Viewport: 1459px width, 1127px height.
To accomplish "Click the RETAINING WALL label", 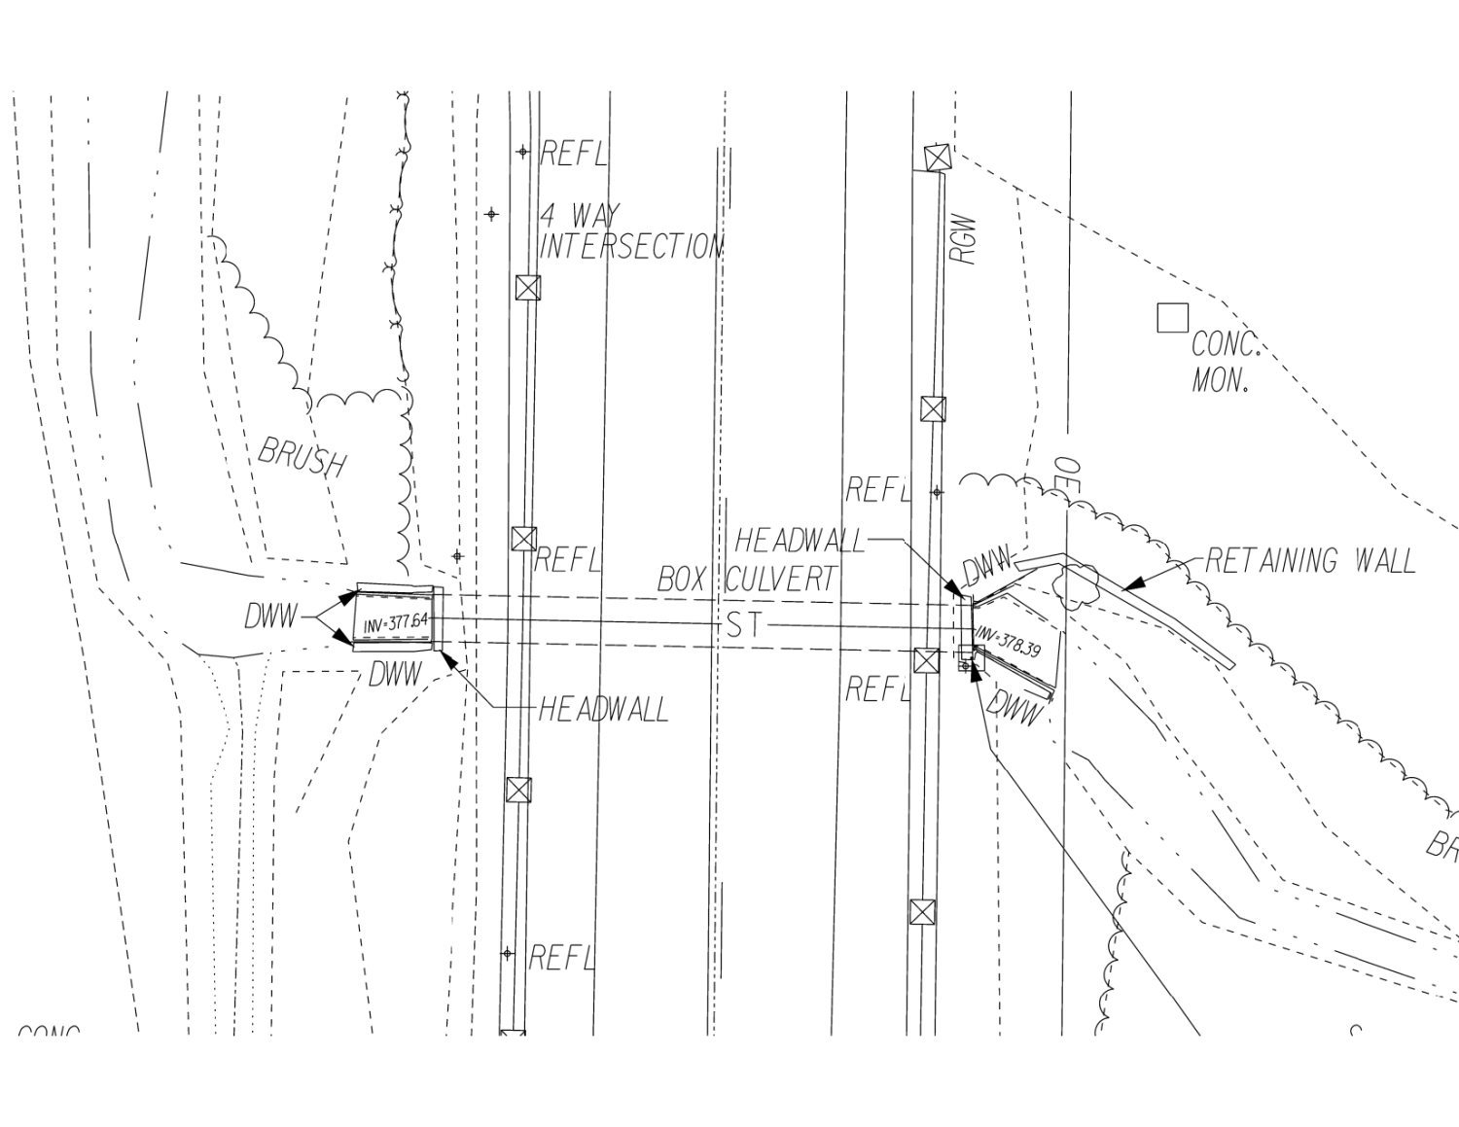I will [1309, 561].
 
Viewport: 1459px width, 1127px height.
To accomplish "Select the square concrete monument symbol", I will [1172, 318].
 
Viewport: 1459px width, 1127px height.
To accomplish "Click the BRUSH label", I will [302, 456].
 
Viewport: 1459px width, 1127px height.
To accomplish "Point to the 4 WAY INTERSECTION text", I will [630, 232].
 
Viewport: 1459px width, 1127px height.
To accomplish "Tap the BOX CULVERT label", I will [746, 580].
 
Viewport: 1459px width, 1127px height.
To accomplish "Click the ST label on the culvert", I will [744, 625].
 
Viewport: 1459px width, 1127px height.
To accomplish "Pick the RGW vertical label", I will [962, 239].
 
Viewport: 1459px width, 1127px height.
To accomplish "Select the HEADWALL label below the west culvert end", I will [603, 710].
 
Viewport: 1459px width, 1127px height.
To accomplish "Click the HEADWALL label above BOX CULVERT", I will [799, 541].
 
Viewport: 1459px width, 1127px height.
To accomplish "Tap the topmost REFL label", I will [573, 153].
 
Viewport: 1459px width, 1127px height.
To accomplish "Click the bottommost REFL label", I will [560, 958].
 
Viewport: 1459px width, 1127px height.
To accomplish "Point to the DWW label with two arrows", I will [270, 616].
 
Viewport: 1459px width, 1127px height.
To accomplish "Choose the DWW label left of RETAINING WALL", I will [986, 568].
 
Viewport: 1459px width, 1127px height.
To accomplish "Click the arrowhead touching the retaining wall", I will [1130, 584].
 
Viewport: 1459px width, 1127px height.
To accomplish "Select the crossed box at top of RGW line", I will [936, 157].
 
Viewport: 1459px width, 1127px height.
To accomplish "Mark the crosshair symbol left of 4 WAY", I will [491, 214].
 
